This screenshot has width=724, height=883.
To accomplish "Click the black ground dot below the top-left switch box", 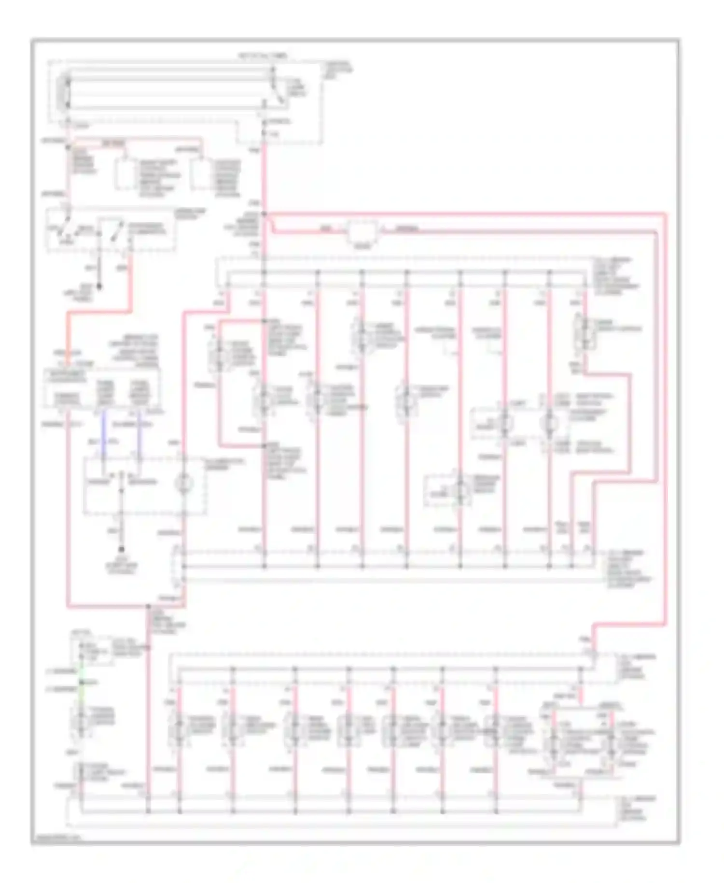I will coord(100,287).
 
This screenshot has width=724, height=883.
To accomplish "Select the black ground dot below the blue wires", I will coord(121,550).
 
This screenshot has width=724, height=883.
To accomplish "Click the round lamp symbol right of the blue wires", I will coord(184,483).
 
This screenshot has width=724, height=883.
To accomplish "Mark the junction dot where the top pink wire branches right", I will coord(265,213).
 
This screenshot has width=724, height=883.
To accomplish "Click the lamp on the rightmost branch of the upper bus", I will coord(584,333).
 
